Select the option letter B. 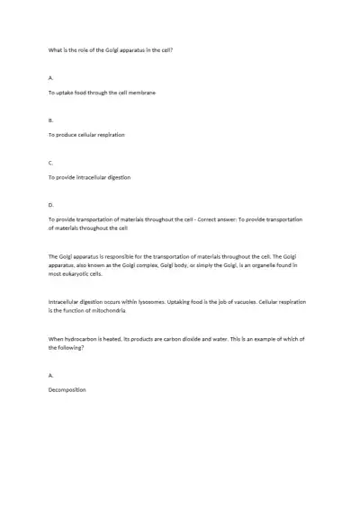pos(50,119)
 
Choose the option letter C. pos(50,162)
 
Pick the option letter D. pos(50,205)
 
